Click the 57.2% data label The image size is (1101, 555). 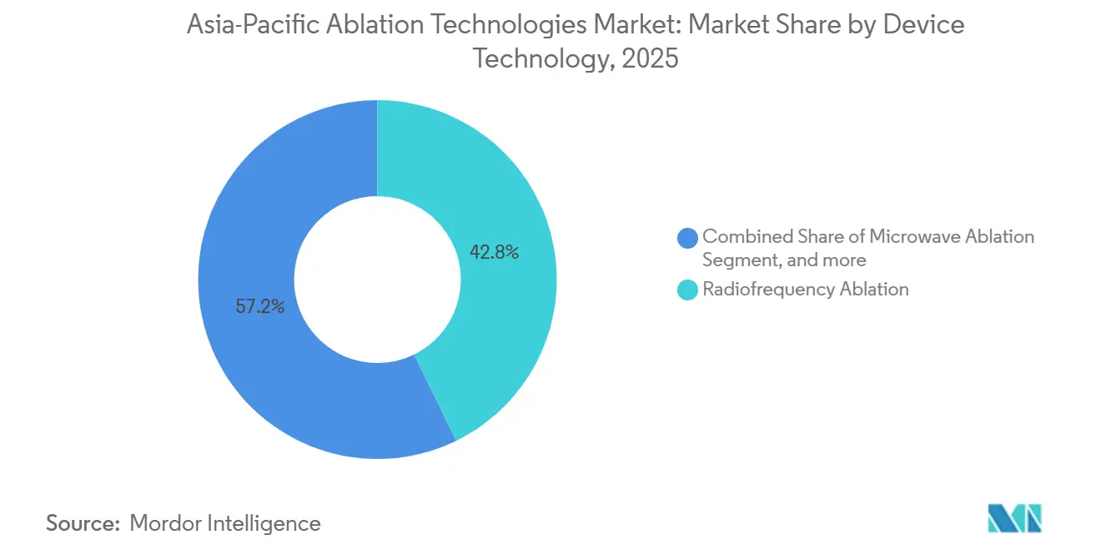pyautogui.click(x=260, y=306)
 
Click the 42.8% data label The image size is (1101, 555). pyautogui.click(x=494, y=252)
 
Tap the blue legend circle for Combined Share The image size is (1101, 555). pyautogui.click(x=688, y=238)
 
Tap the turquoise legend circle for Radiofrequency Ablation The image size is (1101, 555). pyautogui.click(x=688, y=290)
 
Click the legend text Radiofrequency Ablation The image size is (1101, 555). pyautogui.click(x=805, y=290)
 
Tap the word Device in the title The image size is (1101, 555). pyautogui.click(x=926, y=25)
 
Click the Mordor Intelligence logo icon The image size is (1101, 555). pyautogui.click(x=1014, y=518)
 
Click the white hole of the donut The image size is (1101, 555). pyautogui.click(x=377, y=279)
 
